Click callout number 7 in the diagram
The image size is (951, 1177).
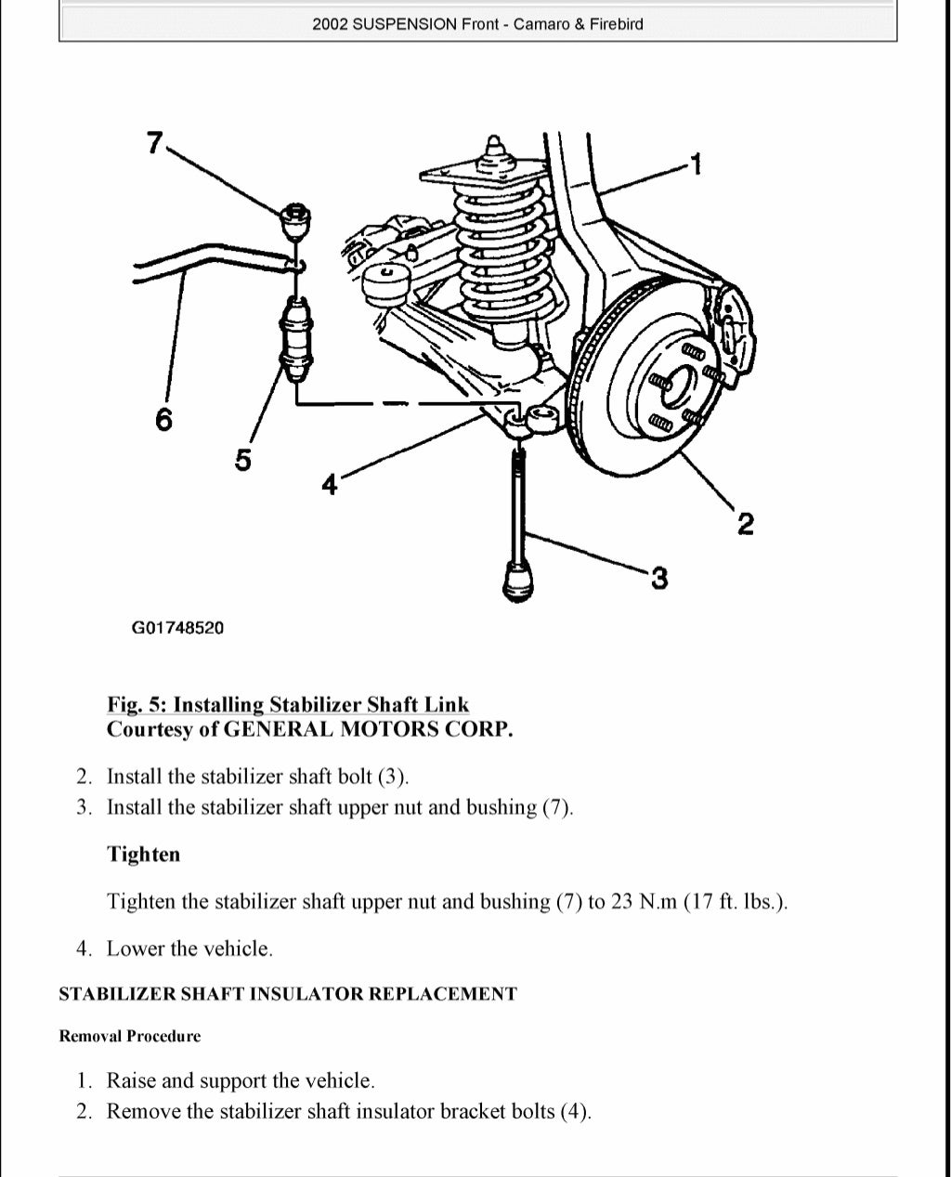pyautogui.click(x=155, y=142)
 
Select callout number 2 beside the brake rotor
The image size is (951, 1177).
pyautogui.click(x=745, y=525)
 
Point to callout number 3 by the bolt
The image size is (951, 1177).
pyautogui.click(x=658, y=578)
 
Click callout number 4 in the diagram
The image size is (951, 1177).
pyautogui.click(x=330, y=484)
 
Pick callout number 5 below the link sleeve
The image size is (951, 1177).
pyautogui.click(x=242, y=460)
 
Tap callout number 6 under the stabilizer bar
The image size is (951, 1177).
pyautogui.click(x=163, y=420)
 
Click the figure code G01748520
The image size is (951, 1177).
pyautogui.click(x=177, y=628)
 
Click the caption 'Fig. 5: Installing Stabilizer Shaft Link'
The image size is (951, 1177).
pyautogui.click(x=288, y=705)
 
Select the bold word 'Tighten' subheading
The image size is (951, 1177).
pyautogui.click(x=143, y=855)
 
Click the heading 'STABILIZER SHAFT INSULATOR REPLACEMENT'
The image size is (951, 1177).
pyautogui.click(x=288, y=994)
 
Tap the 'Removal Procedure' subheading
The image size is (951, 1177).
pyautogui.click(x=129, y=1036)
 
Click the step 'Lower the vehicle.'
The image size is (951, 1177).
pyautogui.click(x=189, y=948)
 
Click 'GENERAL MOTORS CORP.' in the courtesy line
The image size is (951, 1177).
pyautogui.click(x=369, y=729)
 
